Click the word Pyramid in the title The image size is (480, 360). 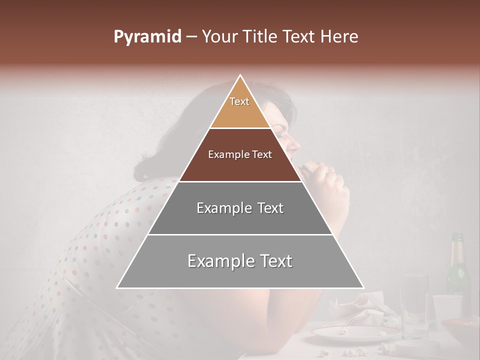147,37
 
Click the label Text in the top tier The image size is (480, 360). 239,101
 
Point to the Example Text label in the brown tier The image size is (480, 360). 240,154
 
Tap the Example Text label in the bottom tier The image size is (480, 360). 240,261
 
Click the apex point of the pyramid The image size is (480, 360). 240,75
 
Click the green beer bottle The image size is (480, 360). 457,270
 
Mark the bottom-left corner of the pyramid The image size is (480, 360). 117,288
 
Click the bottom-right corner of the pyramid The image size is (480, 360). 363,288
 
